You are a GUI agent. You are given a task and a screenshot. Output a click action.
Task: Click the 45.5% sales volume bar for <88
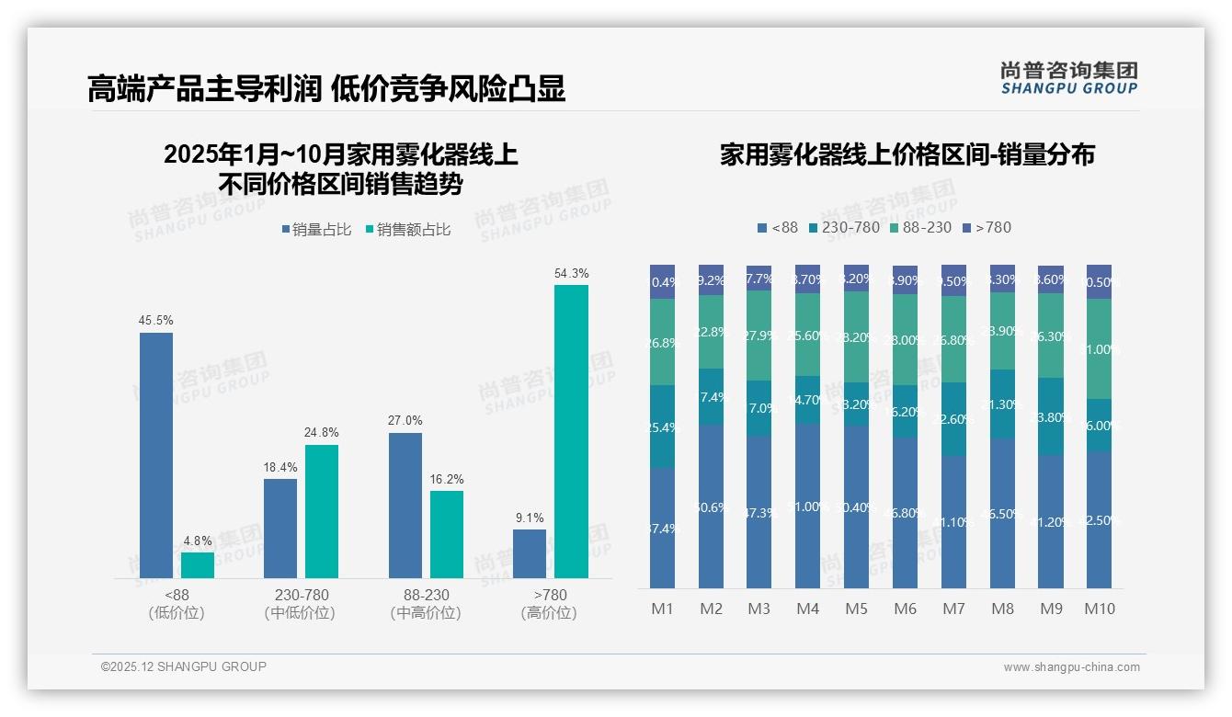tap(156, 455)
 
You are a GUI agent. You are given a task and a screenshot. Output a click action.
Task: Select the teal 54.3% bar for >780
tap(571, 431)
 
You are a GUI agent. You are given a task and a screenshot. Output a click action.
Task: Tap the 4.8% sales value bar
tap(198, 565)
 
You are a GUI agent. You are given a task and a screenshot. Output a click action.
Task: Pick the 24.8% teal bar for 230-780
tap(322, 511)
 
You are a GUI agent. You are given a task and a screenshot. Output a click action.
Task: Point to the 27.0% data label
tap(405, 421)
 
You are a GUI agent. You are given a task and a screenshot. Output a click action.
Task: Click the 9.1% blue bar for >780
tap(530, 553)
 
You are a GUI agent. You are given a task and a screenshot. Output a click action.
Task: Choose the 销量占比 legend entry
tap(317, 230)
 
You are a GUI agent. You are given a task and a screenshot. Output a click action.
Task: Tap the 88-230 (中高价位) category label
tap(426, 604)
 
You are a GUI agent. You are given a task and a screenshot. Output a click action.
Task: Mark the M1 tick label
tap(663, 609)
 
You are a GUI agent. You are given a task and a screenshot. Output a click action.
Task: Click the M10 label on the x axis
tap(1100, 609)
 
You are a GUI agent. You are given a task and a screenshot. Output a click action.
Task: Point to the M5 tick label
tap(857, 609)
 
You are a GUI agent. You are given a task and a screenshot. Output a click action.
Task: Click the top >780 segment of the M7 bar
tap(953, 280)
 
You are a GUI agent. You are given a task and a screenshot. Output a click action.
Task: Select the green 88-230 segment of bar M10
tap(1100, 348)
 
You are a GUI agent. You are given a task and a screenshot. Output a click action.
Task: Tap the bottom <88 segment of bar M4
tap(808, 506)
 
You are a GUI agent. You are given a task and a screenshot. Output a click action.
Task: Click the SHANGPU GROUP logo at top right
tap(1069, 77)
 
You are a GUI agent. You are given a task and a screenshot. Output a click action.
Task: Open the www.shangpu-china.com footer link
tap(1071, 667)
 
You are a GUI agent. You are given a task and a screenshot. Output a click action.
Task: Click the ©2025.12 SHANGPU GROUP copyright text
tap(184, 666)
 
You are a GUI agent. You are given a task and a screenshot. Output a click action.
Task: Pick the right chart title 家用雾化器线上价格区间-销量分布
tap(907, 154)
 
